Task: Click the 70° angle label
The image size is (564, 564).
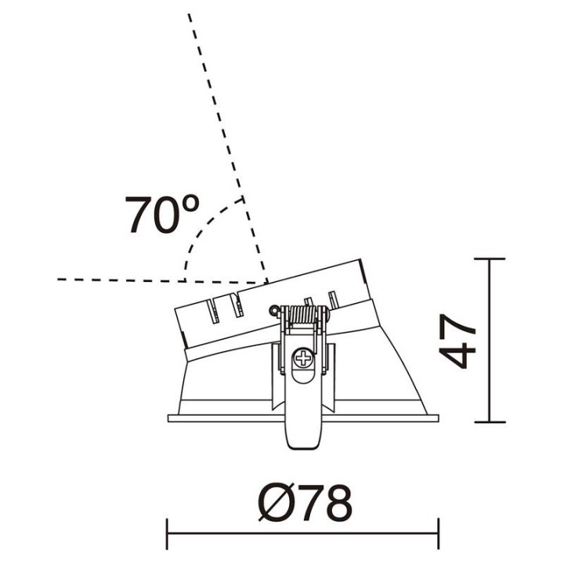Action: (162, 214)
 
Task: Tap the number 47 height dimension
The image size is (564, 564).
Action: (457, 341)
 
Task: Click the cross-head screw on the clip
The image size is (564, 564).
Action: (303, 358)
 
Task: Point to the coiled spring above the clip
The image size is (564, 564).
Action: (303, 314)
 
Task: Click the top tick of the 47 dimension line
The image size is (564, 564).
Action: (490, 258)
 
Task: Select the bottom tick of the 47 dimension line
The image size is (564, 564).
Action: (490, 422)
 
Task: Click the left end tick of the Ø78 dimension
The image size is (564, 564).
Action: (168, 533)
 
